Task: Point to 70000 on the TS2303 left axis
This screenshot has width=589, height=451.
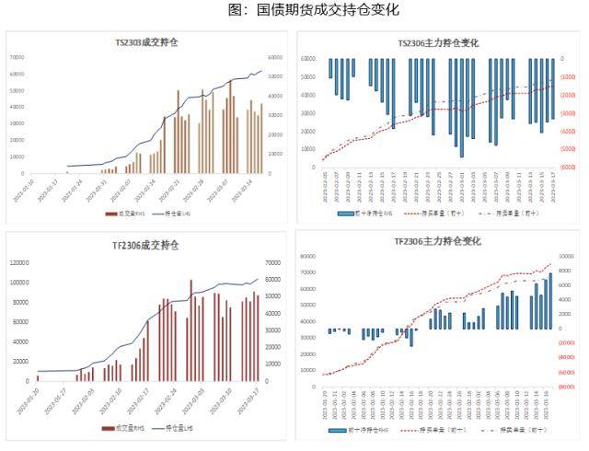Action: [x=17, y=57]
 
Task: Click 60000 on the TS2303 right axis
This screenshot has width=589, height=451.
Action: [x=273, y=57]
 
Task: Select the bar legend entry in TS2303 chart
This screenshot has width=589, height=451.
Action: [x=115, y=215]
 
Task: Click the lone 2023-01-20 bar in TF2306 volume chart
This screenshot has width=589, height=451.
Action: [x=38, y=377]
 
